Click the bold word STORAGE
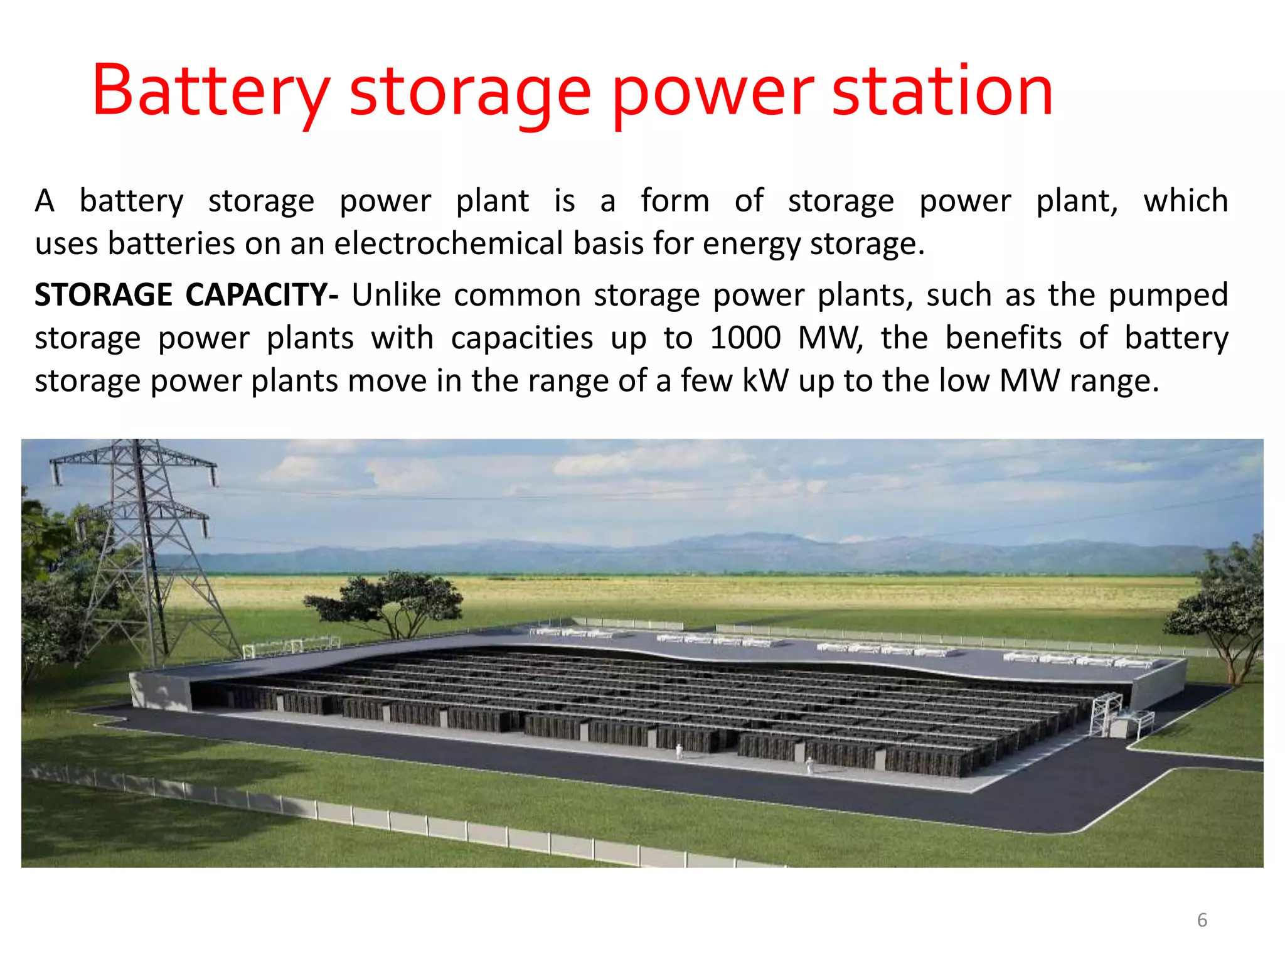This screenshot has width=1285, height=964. click(103, 295)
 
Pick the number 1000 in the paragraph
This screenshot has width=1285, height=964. click(745, 338)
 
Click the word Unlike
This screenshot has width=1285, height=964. click(396, 295)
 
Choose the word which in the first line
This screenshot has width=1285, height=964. click(1185, 201)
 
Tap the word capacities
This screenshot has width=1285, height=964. click(521, 339)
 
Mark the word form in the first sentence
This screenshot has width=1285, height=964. click(674, 201)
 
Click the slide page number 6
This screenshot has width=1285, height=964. click(1202, 920)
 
